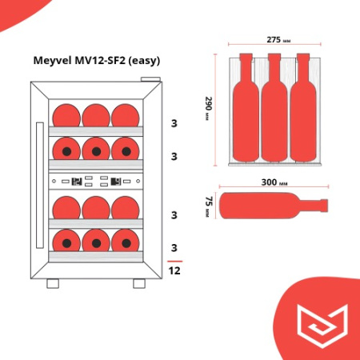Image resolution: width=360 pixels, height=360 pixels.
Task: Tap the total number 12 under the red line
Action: coord(174,271)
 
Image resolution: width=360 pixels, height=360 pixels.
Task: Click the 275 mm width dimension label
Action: coord(276,39)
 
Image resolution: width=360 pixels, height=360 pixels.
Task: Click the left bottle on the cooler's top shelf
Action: coord(67,114)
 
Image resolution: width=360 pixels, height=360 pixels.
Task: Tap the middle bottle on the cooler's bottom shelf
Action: coord(94,239)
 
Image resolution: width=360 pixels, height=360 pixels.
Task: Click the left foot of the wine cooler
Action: coord(54,283)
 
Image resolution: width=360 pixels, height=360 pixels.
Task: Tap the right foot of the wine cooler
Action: coord(138,283)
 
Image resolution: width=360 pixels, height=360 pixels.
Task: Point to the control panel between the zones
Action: coord(94,181)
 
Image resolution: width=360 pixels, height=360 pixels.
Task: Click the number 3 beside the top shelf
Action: coord(174,123)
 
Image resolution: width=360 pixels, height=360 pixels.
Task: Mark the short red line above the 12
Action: coord(174,261)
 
